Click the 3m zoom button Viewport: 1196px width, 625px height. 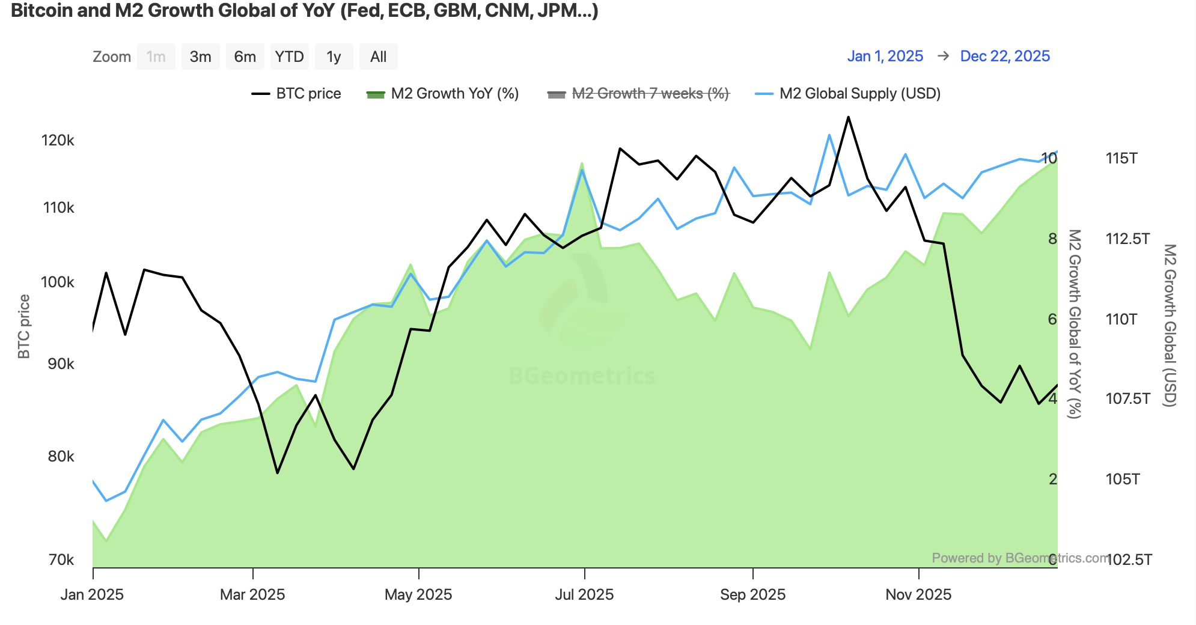point(200,56)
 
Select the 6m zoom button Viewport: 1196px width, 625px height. point(245,56)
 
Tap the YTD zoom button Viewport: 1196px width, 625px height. point(289,56)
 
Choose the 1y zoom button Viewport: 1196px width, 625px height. point(334,56)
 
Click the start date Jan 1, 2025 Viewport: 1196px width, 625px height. point(885,56)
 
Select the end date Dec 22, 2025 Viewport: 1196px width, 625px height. point(1005,56)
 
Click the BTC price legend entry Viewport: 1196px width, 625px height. point(296,94)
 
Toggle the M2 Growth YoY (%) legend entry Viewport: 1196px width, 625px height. point(443,94)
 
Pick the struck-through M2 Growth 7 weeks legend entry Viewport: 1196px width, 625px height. point(638,94)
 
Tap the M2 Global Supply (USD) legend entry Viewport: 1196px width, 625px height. point(848,94)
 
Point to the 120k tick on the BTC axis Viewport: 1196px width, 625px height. point(58,140)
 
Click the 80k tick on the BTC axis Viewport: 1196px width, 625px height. point(61,456)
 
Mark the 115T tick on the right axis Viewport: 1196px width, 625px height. point(1121,158)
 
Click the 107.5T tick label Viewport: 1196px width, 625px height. point(1127,398)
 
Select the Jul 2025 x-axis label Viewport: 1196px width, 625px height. point(584,594)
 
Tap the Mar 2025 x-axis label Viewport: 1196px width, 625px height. point(252,594)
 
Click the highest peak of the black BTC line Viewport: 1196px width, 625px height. point(848,117)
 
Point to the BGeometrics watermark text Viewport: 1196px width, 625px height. point(582,376)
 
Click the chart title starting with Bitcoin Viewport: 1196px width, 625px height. point(304,10)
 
